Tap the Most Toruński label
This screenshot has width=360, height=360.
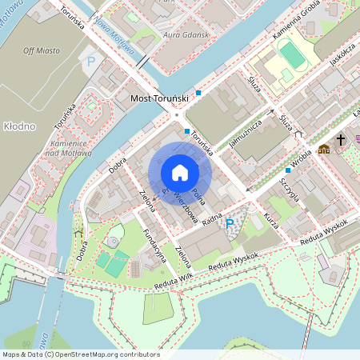coord(158,98)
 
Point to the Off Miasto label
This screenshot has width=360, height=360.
coord(42,50)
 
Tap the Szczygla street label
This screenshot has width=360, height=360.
coord(289,190)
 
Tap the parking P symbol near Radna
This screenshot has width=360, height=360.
coord(230,224)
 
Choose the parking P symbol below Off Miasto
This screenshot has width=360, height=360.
coord(90,61)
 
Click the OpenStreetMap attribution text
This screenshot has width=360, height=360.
coord(80,354)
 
